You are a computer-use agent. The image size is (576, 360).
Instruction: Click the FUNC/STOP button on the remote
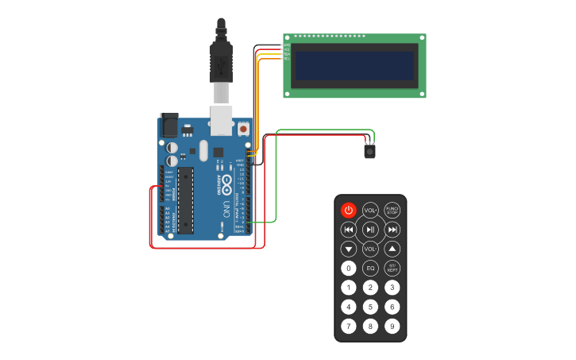[x=392, y=210]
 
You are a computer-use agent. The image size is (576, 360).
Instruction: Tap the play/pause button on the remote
[x=370, y=230]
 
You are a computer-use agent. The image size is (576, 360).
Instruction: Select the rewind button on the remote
[x=349, y=230]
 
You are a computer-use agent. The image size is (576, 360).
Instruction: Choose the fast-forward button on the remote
[x=392, y=230]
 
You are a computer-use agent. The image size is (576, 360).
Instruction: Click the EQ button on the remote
[x=370, y=269]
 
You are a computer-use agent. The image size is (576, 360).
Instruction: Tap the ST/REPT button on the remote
[x=392, y=269]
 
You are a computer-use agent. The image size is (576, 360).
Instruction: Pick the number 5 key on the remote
[x=370, y=307]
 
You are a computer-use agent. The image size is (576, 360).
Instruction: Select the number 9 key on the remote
[x=392, y=326]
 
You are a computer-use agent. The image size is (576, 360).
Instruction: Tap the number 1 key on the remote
[x=349, y=288]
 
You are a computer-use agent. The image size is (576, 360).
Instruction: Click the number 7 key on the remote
[x=349, y=326]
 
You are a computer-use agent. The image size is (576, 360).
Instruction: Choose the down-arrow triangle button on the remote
[x=349, y=249]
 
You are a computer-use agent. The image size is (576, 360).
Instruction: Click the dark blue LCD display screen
[x=354, y=66]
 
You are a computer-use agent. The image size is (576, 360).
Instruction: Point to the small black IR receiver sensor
[x=370, y=149]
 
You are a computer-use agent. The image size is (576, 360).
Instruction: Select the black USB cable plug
[x=221, y=60]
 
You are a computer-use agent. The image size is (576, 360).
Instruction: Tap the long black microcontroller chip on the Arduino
[x=185, y=200]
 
